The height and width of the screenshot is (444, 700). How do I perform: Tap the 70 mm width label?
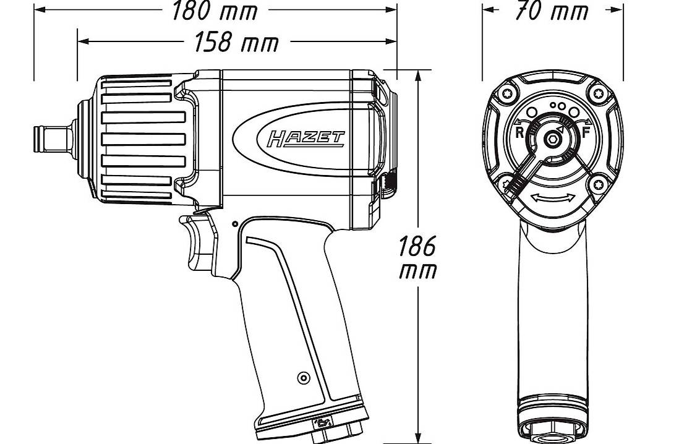coord(552,11)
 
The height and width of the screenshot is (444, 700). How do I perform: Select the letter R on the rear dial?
coord(519,132)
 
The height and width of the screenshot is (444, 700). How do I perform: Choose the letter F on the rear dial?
coord(585,132)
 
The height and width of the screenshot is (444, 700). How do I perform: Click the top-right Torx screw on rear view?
coord(596,94)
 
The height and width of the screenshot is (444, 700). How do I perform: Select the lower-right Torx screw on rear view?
coord(597,183)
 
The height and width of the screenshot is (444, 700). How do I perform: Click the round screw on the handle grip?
coord(302,377)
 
